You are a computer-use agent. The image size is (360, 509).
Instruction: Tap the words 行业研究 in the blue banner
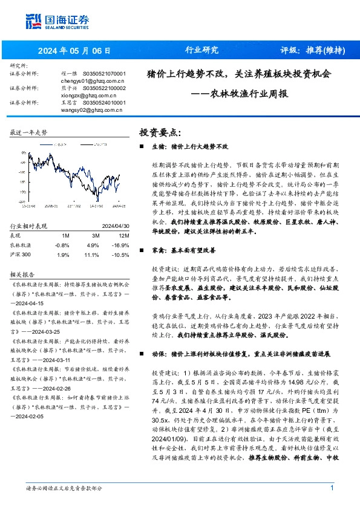tap(201, 50)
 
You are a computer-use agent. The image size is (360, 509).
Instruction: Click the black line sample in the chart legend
tap(82, 144)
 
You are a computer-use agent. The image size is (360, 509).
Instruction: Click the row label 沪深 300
tap(20, 255)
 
